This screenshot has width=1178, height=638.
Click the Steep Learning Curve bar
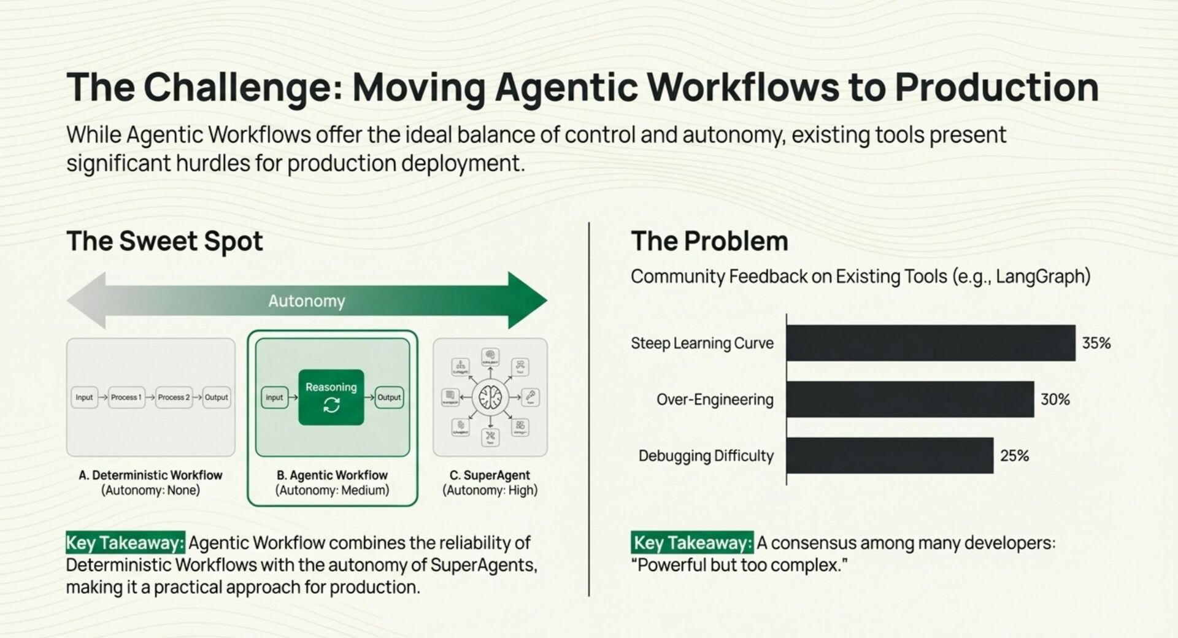click(x=930, y=343)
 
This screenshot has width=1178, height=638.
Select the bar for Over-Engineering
click(x=910, y=399)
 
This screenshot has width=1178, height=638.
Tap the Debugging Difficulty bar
click(x=890, y=456)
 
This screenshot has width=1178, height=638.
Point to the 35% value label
click(x=1096, y=343)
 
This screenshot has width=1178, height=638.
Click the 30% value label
click(x=1055, y=399)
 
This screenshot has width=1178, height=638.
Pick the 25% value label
click(x=1015, y=456)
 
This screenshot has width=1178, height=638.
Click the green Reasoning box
click(x=331, y=397)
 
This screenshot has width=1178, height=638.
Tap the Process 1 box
click(x=126, y=398)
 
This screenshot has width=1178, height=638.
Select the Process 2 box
click(x=174, y=398)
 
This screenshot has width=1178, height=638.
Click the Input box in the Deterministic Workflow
click(x=84, y=398)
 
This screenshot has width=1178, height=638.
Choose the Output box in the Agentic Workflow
click(x=389, y=398)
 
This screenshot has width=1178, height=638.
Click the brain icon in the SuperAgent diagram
click(x=490, y=397)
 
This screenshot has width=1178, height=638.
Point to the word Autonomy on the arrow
click(x=307, y=301)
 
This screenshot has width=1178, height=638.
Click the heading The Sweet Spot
click(x=164, y=241)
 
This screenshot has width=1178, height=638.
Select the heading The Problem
click(x=709, y=241)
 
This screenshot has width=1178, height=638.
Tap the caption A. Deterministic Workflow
click(x=150, y=475)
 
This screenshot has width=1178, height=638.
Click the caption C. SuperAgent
click(x=490, y=475)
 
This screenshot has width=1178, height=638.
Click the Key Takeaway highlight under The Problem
click(x=692, y=543)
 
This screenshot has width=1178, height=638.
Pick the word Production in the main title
click(x=996, y=87)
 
